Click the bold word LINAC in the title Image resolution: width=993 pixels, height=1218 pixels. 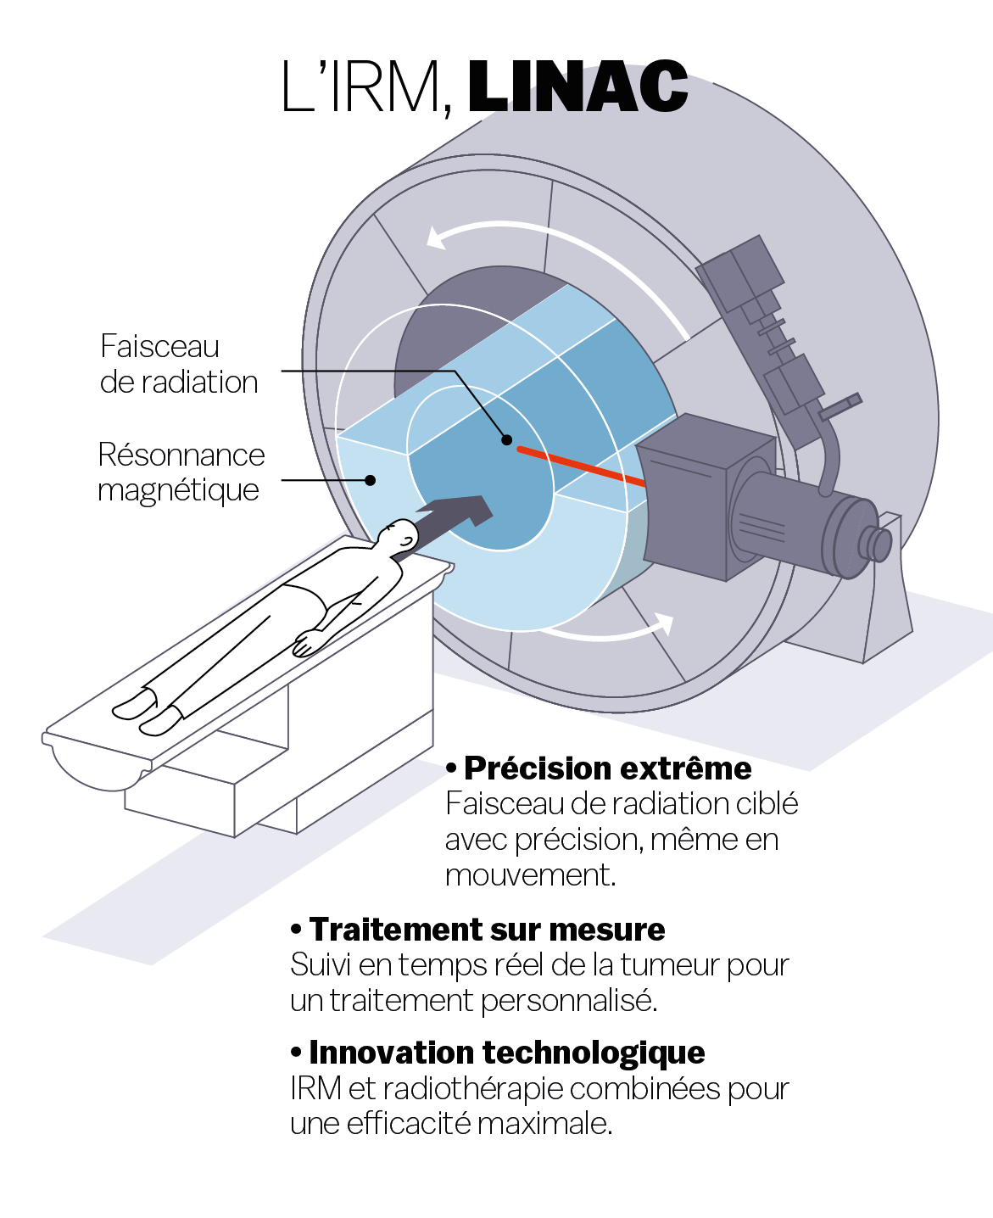click(577, 87)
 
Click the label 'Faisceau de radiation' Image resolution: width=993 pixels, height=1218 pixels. click(178, 365)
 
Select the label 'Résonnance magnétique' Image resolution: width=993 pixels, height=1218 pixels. click(180, 472)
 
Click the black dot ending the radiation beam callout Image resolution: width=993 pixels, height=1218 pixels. click(506, 439)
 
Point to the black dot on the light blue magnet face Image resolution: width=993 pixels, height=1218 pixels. click(370, 480)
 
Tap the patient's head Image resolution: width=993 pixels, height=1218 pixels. click(399, 536)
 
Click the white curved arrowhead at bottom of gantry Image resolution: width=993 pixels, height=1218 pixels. click(663, 625)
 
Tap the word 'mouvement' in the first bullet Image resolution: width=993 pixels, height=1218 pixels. click(529, 875)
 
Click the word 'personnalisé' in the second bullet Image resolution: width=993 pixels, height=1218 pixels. click(569, 1001)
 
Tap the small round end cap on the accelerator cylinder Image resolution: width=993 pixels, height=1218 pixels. click(875, 544)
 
